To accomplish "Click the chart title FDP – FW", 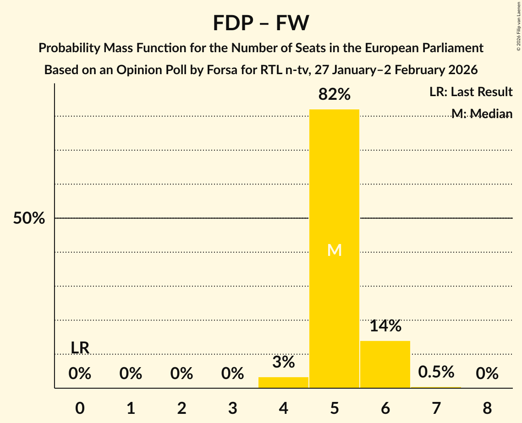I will click(261, 23).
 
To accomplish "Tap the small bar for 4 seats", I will click(283, 382).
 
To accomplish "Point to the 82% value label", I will click(334, 95).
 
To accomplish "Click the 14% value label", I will click(385, 326).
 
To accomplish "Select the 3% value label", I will click(283, 362).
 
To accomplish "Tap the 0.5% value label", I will click(436, 372).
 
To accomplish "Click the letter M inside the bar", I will click(334, 250).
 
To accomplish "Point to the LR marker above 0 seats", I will click(80, 348).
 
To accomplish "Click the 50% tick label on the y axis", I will click(29, 218).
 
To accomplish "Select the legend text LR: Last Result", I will click(471, 92).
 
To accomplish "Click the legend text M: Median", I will click(482, 114).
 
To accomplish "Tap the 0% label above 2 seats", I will click(181, 374).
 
